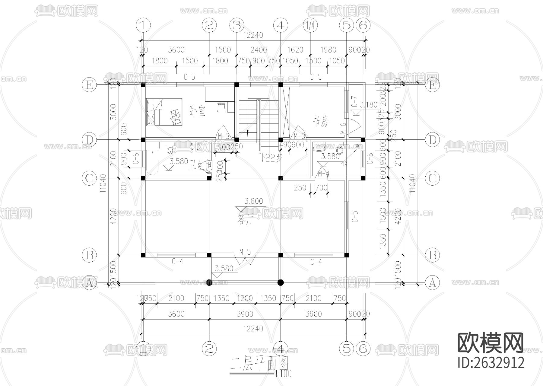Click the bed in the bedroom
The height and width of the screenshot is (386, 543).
click(x=164, y=112)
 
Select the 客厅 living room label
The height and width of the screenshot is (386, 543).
click(x=245, y=221)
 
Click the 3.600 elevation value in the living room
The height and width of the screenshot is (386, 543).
click(x=253, y=201)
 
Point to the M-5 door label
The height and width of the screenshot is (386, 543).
click(x=245, y=251)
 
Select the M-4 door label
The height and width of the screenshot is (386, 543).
click(x=324, y=174)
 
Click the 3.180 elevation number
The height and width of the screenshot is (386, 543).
click(x=369, y=105)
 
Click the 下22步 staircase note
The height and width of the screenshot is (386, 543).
click(x=271, y=158)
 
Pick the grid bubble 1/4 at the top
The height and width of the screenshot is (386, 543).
click(x=310, y=26)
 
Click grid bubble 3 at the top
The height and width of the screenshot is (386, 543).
click(x=237, y=26)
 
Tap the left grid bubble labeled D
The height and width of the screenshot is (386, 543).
click(x=89, y=140)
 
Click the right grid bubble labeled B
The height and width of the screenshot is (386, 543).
click(x=432, y=255)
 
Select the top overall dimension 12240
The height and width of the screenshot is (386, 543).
click(x=253, y=35)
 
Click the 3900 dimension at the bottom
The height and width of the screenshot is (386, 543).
click(x=245, y=314)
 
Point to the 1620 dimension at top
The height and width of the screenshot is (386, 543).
click(x=295, y=50)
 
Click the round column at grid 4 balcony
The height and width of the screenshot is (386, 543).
click(x=281, y=282)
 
